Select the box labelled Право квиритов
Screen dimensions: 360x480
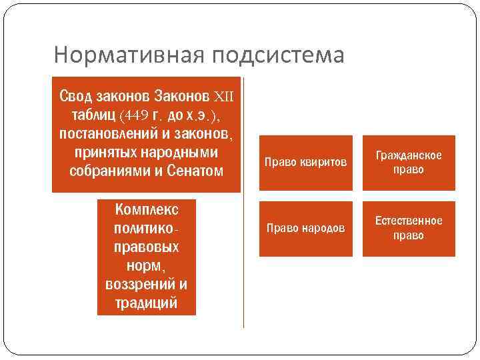coord(306,163)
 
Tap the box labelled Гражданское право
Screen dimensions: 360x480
coord(409,163)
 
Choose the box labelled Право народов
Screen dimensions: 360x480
coord(306,229)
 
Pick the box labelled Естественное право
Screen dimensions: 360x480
coord(409,229)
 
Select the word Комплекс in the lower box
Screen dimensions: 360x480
coord(147,209)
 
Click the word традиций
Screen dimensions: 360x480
coord(147,303)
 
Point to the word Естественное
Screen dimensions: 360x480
coord(409,221)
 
